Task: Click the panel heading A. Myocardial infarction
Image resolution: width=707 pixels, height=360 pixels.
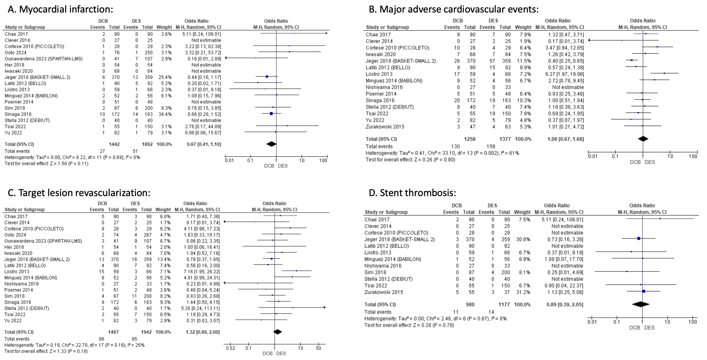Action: pos(61,9)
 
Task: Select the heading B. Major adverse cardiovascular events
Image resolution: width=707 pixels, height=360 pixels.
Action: pos(454,9)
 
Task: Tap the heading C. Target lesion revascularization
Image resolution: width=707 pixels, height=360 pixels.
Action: pos(79,193)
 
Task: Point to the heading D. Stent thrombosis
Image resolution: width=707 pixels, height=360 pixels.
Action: pos(412,193)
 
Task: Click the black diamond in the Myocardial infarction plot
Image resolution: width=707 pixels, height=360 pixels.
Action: pos(271,144)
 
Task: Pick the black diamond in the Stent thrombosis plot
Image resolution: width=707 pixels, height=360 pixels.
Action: pos(641,304)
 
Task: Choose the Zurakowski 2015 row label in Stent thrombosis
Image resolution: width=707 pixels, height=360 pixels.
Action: pos(384,292)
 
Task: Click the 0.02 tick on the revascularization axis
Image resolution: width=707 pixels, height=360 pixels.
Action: pos(230,348)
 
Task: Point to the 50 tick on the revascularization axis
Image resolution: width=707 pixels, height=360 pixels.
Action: pos(319,348)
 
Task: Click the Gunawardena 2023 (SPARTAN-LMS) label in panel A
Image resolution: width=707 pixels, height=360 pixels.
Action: pos(44,59)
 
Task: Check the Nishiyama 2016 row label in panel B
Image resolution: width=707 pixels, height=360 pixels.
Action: pos(384,87)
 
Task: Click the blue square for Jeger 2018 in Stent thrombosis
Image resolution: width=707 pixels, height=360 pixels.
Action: pos(639,239)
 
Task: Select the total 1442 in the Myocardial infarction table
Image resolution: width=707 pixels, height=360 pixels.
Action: pos(114,144)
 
